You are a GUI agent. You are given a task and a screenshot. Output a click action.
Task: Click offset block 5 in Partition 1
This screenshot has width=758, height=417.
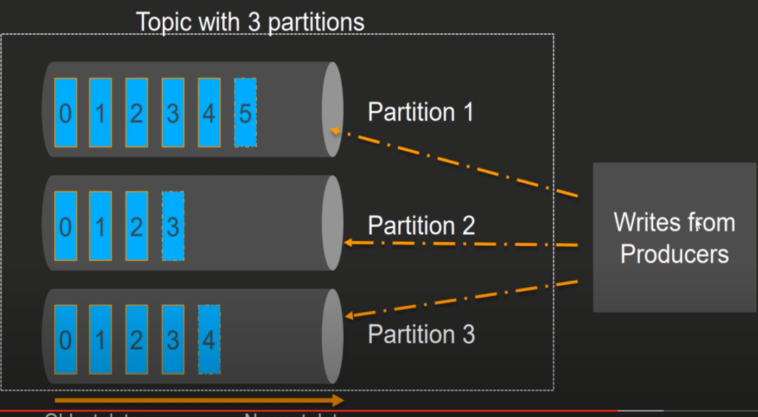click(x=245, y=113)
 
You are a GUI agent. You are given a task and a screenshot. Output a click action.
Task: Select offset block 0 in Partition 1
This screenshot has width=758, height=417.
click(x=65, y=113)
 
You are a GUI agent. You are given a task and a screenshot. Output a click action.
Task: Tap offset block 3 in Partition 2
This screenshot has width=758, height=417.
click(x=173, y=226)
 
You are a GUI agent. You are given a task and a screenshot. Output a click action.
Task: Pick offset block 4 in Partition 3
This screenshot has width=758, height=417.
click(x=209, y=339)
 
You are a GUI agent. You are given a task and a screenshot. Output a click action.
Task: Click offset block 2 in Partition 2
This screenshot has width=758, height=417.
click(x=137, y=226)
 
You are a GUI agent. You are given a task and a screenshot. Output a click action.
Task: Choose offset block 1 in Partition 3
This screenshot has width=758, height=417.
click(x=100, y=339)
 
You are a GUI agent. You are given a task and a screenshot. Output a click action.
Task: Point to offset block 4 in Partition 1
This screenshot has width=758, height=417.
click(x=209, y=113)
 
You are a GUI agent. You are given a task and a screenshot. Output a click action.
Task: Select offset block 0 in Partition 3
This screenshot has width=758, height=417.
click(x=65, y=339)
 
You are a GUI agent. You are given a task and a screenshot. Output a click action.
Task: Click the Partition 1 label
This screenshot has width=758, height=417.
click(x=421, y=112)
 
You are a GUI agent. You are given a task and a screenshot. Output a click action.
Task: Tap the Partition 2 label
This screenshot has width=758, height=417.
click(x=421, y=225)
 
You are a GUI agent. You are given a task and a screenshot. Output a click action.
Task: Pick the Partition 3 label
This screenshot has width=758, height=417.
click(x=421, y=334)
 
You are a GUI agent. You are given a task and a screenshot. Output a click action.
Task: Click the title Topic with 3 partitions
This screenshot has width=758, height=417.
click(x=250, y=22)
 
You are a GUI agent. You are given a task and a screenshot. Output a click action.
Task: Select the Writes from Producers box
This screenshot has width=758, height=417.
click(x=674, y=237)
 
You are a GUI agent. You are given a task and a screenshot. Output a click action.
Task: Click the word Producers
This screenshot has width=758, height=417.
click(x=674, y=254)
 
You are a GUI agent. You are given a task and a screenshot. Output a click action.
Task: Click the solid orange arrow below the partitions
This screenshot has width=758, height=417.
click(x=199, y=401)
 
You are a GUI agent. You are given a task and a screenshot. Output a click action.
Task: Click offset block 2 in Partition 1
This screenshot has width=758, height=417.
click(x=137, y=113)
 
